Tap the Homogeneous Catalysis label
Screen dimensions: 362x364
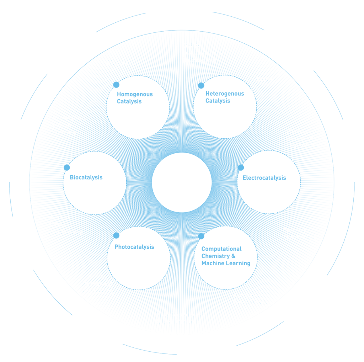pyautogui.click(x=135, y=98)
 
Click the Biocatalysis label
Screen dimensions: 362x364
pyautogui.click(x=86, y=177)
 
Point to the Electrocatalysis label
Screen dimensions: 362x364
pyautogui.click(x=264, y=178)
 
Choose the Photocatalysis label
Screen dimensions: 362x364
pyautogui.click(x=134, y=247)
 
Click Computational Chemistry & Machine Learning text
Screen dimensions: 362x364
pyautogui.click(x=226, y=256)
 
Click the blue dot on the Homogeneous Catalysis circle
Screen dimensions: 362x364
pyautogui.click(x=116, y=85)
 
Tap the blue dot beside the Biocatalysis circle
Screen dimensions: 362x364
pyautogui.click(x=67, y=167)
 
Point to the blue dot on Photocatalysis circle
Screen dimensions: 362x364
pyautogui.click(x=116, y=235)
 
